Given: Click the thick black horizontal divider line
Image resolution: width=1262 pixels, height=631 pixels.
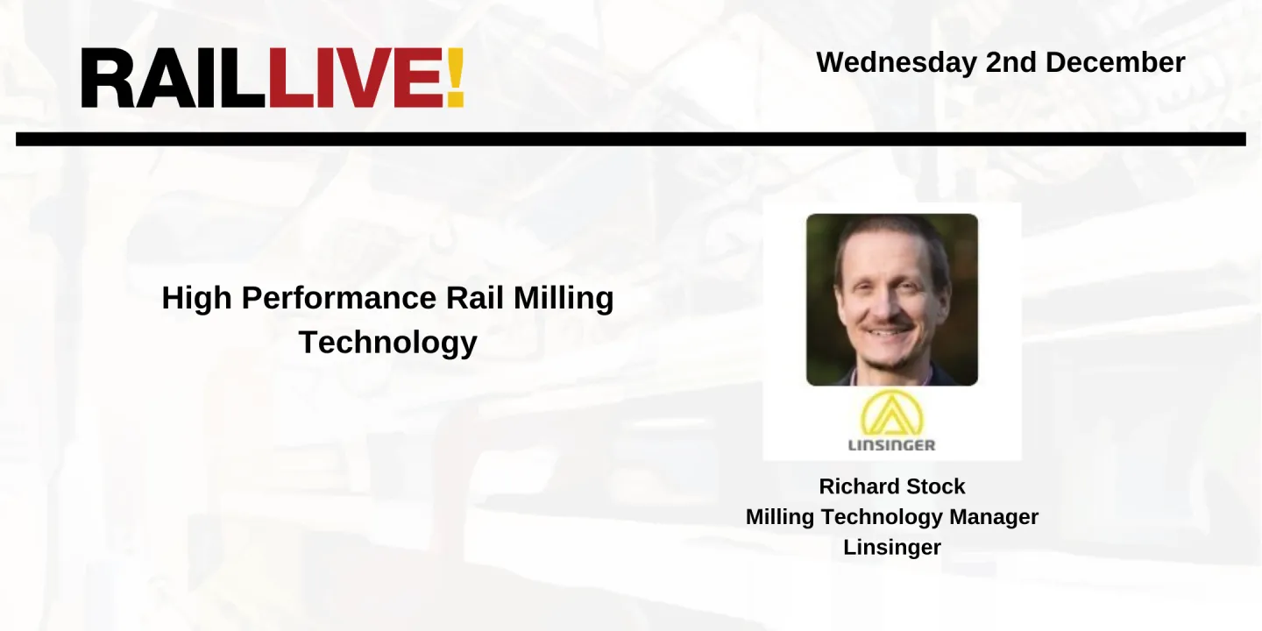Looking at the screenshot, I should point(631,139).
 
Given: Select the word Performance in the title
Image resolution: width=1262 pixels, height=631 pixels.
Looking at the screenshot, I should point(339,299).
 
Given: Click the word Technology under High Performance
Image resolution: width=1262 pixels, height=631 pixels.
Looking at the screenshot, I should point(387,342).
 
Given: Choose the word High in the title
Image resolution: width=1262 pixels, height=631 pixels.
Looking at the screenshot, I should point(197,299).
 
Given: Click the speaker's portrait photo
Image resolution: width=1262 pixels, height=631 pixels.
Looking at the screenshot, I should point(892,300).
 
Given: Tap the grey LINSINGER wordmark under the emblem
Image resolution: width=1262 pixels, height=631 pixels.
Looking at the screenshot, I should point(891,444).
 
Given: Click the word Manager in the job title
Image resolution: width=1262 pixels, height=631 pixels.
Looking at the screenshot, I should point(996,517).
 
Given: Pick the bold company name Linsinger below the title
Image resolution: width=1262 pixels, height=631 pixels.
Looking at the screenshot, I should point(892,548).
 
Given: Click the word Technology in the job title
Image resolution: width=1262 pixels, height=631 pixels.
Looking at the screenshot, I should point(885,517).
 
